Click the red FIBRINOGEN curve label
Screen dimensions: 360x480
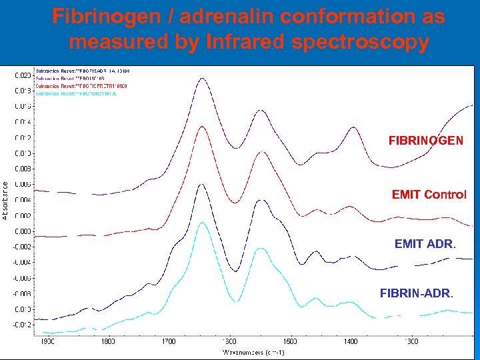click(426, 141)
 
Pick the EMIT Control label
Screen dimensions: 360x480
click(429, 195)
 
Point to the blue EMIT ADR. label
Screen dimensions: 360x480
click(425, 245)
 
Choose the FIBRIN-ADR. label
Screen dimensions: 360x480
click(416, 293)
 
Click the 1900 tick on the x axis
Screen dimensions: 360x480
click(47, 341)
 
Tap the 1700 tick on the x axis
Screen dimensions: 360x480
click(169, 341)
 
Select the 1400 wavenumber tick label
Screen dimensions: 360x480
click(351, 341)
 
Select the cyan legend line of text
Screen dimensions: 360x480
click(80, 93)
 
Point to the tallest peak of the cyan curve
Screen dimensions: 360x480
click(202, 223)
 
